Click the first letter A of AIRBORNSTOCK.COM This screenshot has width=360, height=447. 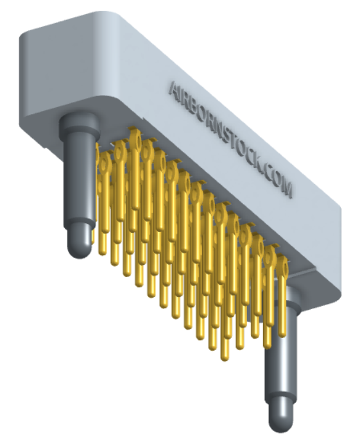tap(175, 89)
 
